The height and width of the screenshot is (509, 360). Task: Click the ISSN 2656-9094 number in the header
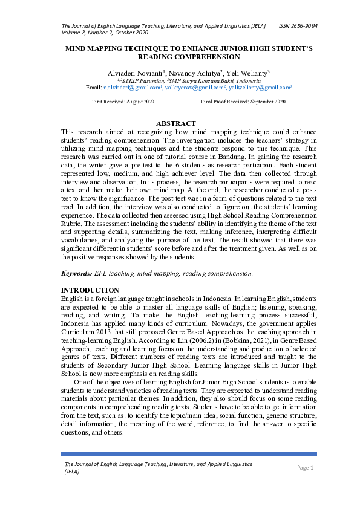click(x=298, y=27)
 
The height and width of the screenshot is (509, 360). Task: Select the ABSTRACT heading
click(x=176, y=123)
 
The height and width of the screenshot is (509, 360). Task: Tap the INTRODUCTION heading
click(x=90, y=290)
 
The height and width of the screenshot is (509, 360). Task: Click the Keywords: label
click(x=77, y=274)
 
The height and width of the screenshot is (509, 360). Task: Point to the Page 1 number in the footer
click(x=305, y=468)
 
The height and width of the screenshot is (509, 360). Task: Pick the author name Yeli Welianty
click(x=246, y=72)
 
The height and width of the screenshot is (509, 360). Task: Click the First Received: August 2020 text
click(x=123, y=102)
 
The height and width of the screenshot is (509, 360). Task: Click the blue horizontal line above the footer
click(x=189, y=453)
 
